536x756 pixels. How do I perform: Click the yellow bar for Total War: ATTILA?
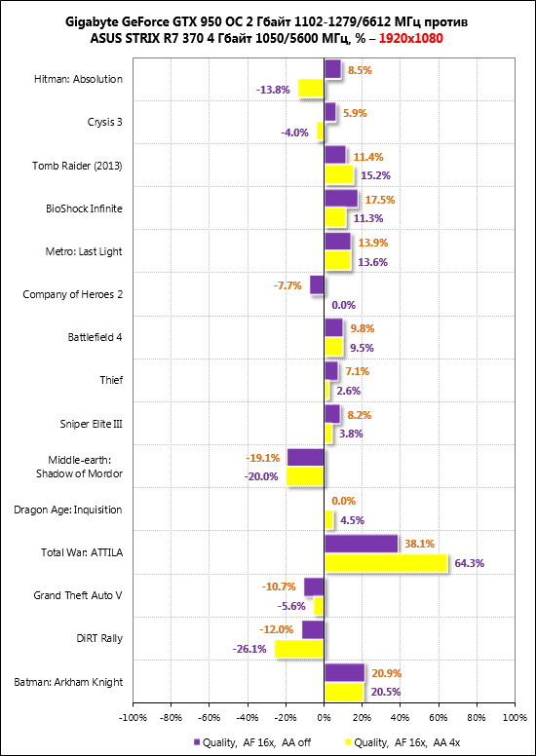coord(386,563)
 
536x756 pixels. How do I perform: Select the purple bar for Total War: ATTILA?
coord(361,544)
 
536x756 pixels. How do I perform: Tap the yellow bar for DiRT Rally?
coord(299,649)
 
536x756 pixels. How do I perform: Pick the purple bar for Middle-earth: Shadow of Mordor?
coord(305,458)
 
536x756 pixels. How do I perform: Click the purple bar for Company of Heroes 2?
coord(317,284)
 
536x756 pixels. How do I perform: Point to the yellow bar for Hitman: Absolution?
coord(311,89)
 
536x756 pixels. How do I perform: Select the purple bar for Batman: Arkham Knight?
coord(344,672)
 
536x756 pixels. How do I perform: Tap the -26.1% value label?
coord(249,649)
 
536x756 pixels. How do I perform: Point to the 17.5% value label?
coord(380,199)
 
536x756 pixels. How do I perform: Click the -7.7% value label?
coord(287,285)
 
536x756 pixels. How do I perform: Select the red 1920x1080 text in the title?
coord(411,39)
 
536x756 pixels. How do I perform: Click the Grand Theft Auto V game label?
coord(78,595)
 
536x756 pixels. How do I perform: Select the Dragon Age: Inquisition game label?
coord(68,510)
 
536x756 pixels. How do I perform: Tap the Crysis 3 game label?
coord(104,123)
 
